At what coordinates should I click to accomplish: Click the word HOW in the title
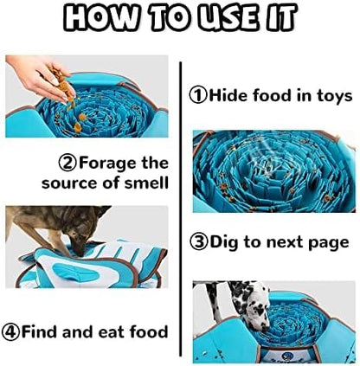coord(100,17)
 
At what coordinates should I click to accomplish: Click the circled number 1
coord(198,95)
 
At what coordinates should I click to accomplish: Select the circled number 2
coord(68,164)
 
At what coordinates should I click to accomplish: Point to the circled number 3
coord(199,242)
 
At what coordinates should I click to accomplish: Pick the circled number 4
coord(10,331)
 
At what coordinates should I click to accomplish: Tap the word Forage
coord(107,164)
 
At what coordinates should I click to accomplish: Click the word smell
coord(146,183)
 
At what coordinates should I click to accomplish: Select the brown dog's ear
coord(101,211)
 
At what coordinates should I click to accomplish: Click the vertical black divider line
coord(181,209)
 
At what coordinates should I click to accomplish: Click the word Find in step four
coord(41,331)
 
